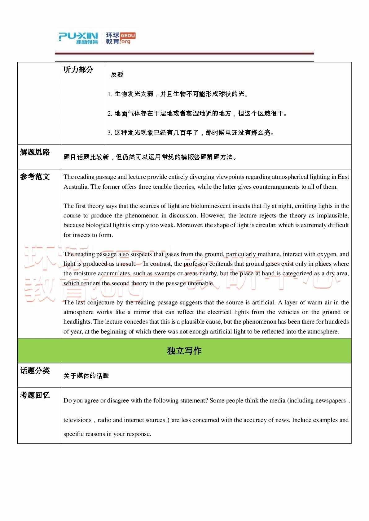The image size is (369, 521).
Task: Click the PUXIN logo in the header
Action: click(x=78, y=38)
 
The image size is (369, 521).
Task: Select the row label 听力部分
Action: click(x=78, y=70)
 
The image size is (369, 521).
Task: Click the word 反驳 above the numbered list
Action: click(x=117, y=75)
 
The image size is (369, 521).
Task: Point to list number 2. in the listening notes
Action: click(x=110, y=114)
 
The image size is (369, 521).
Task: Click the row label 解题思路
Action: click(x=35, y=152)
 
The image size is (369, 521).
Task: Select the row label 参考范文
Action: click(x=35, y=177)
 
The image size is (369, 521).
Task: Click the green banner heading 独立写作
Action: click(x=184, y=351)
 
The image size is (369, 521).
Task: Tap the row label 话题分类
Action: click(x=35, y=371)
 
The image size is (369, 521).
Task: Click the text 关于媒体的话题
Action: click(x=86, y=376)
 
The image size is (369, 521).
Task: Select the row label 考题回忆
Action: click(x=35, y=395)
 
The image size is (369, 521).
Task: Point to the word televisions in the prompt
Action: click(x=77, y=420)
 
